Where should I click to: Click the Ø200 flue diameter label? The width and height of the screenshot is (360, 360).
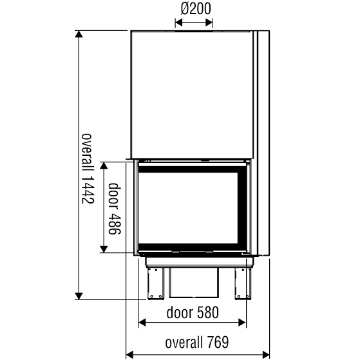click(196, 9)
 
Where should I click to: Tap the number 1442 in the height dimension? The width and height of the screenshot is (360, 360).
click(88, 189)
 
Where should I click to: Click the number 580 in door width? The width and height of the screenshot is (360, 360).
click(208, 313)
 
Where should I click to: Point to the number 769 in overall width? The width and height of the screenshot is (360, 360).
click(218, 343)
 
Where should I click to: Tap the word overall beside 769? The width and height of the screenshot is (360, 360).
click(184, 343)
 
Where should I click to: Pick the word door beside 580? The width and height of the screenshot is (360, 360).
click(180, 313)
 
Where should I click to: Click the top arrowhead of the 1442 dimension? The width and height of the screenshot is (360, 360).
click(79, 34)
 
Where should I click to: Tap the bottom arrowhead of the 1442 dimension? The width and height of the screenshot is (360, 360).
click(79, 296)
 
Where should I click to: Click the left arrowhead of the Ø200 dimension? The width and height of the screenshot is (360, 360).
click(178, 23)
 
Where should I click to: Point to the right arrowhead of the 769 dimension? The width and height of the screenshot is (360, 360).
click(266, 354)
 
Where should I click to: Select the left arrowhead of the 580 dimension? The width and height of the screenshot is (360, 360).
click(142, 323)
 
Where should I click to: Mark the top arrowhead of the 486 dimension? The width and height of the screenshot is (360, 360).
click(104, 166)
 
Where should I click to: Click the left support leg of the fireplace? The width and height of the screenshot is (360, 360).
click(155, 284)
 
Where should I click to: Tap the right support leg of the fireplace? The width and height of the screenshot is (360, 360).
click(242, 284)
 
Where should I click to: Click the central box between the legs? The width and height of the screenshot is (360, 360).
click(194, 283)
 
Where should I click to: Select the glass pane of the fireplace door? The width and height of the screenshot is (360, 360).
click(188, 208)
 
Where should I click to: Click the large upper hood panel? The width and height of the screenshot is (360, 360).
click(192, 95)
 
